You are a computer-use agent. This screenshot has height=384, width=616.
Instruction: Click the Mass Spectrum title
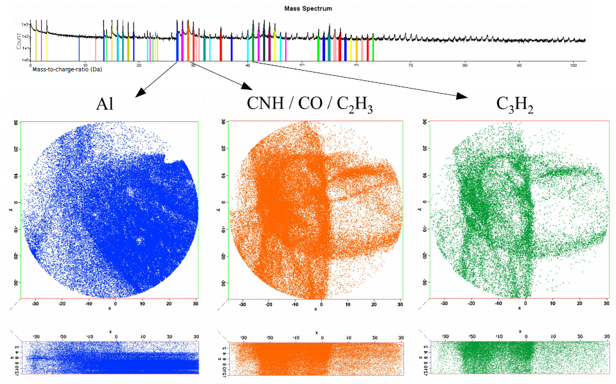point(308,8)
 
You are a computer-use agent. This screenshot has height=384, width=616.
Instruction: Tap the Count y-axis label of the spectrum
point(18,41)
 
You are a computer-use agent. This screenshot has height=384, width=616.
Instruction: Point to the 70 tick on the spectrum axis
point(410,64)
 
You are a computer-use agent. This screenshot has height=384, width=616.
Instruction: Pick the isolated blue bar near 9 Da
point(79,49)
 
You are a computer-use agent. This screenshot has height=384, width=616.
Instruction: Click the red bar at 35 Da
point(221,49)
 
